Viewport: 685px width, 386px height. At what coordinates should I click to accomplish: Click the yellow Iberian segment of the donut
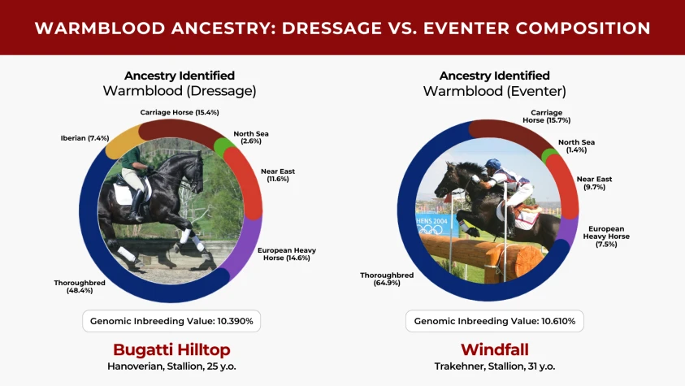[120, 140]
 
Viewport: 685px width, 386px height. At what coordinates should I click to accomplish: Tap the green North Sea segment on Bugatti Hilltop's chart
[224, 146]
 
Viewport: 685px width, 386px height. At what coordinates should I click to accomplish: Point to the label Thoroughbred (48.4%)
[80, 286]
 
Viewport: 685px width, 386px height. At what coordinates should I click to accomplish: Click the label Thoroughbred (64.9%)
[387, 279]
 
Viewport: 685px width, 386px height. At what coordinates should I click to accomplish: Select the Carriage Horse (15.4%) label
[180, 112]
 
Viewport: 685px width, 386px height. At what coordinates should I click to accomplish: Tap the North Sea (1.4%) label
[576, 145]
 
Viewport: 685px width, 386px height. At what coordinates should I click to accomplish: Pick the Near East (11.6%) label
[278, 175]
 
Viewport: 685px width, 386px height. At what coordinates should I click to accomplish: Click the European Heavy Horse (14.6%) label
[287, 254]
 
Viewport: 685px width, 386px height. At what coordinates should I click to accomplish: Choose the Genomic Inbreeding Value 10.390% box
[171, 321]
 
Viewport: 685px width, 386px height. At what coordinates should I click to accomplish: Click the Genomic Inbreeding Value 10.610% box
[495, 321]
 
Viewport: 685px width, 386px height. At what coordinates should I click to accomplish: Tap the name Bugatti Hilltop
[171, 349]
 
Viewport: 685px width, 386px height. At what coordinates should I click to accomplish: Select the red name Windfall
[495, 349]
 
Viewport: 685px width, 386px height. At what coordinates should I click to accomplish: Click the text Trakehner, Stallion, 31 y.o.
[495, 366]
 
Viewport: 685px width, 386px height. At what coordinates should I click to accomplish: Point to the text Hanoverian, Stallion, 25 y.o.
[171, 366]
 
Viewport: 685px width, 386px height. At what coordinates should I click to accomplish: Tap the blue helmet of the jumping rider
[492, 163]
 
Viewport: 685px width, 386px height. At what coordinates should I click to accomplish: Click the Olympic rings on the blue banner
[430, 229]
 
